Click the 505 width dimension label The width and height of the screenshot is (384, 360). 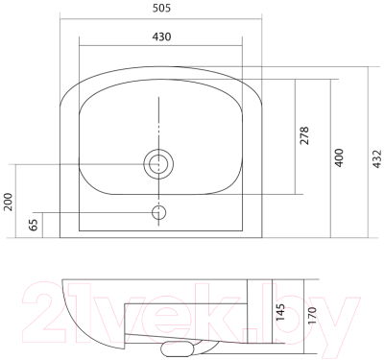pos(161,8)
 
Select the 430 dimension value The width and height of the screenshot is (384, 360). pos(161,36)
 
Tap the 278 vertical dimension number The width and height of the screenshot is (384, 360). pos(304,135)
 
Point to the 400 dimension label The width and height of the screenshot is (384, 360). pos(339,157)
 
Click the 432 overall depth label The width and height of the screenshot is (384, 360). pos(377,158)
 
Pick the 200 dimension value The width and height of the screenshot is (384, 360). pos(8,202)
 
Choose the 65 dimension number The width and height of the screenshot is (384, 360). pos(34,225)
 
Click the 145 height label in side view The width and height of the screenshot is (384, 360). pos(280,312)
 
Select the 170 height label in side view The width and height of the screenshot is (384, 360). pos(312,315)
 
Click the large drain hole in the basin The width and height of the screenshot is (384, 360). pos(158,164)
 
